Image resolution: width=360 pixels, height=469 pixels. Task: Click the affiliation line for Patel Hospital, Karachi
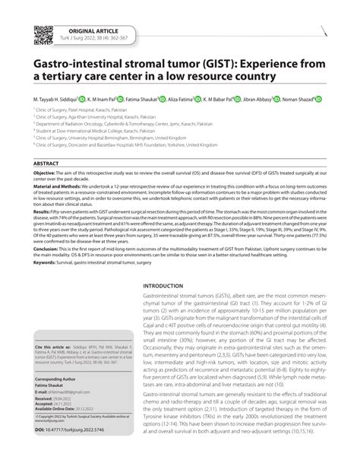point(91,109)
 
